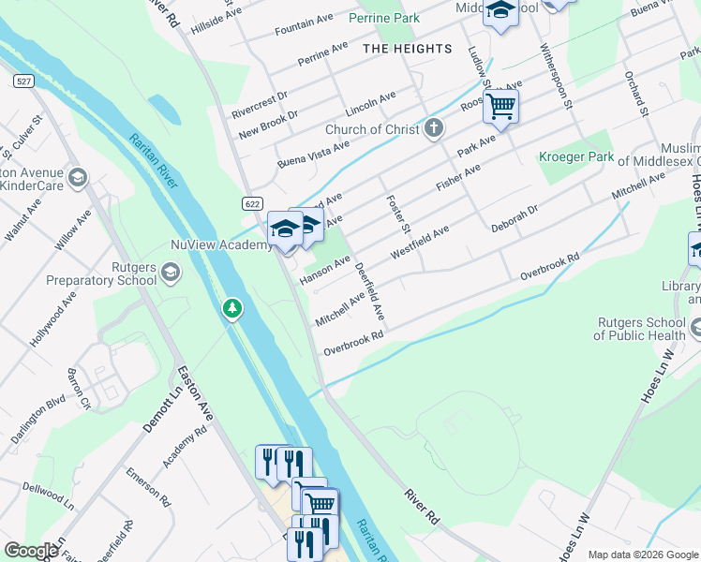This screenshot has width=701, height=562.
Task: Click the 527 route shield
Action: pyautogui.click(x=23, y=82)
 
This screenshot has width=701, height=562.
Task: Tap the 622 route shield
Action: pyautogui.click(x=251, y=203)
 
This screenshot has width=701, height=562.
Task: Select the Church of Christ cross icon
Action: pyautogui.click(x=433, y=129)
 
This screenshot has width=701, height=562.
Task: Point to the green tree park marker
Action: pyautogui.click(x=231, y=308)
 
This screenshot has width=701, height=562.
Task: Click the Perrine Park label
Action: pyautogui.click(x=384, y=18)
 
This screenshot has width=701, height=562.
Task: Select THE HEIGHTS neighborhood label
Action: pyautogui.click(x=407, y=49)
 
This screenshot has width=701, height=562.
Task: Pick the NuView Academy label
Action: pyautogui.click(x=221, y=245)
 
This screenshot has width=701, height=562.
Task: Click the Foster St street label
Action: pyautogui.click(x=398, y=214)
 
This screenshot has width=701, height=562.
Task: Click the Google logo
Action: pyautogui.click(x=31, y=550)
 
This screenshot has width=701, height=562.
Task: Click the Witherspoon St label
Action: pyautogui.click(x=554, y=74)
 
